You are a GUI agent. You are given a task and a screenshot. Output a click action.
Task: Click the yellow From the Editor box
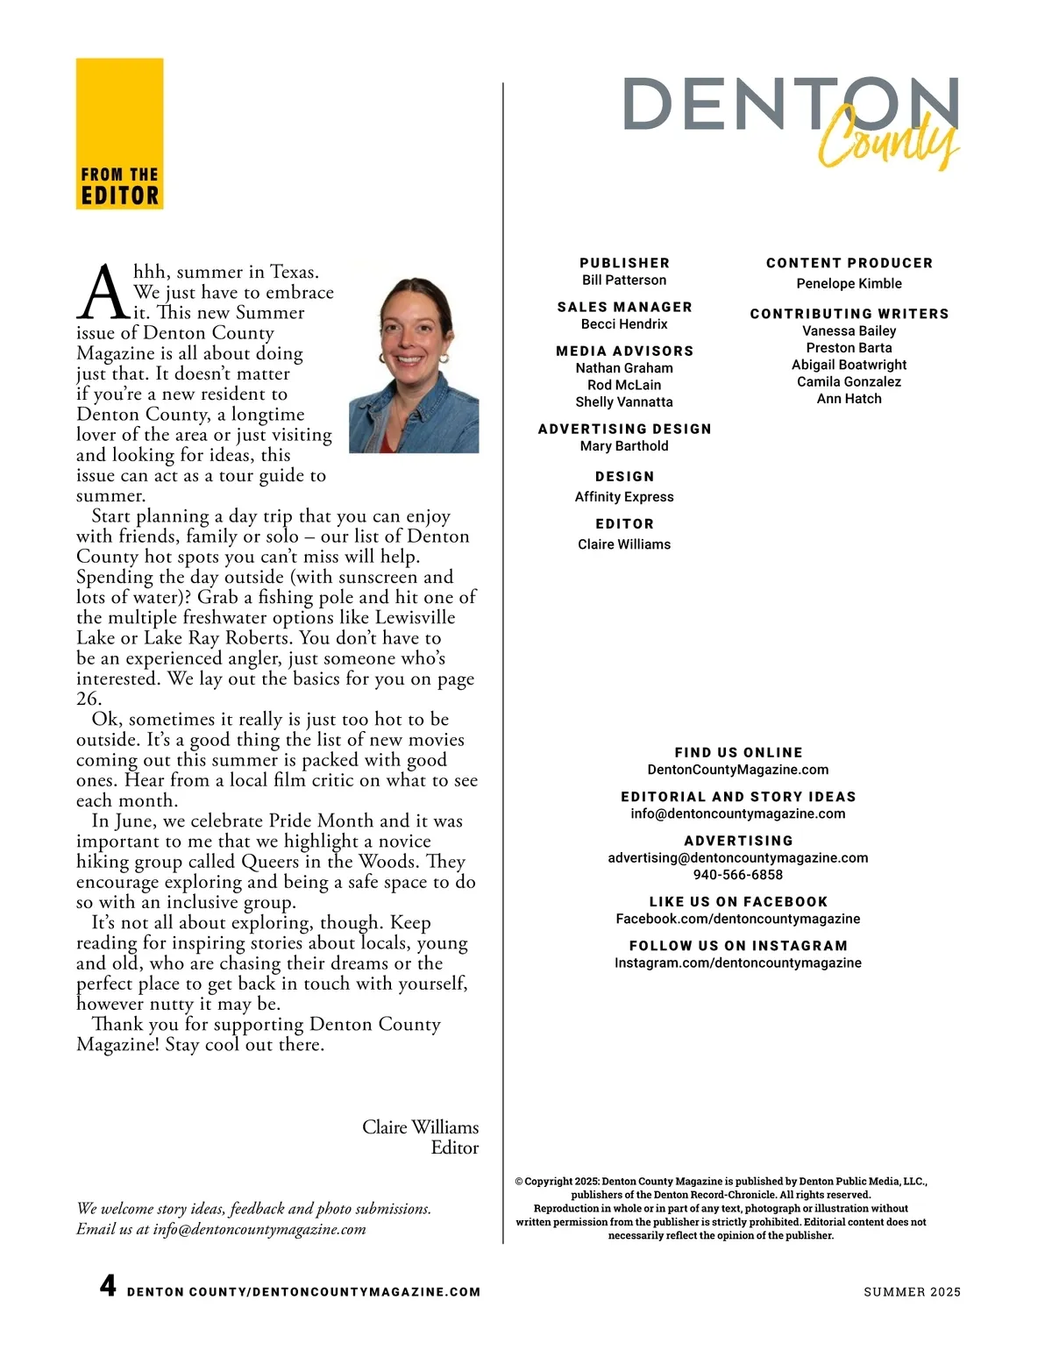119,133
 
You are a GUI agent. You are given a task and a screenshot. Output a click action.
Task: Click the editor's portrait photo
414,366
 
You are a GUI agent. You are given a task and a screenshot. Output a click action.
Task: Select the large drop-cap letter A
103,293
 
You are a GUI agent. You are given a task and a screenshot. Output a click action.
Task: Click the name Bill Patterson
624,281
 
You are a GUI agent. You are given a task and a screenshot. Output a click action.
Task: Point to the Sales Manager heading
624,307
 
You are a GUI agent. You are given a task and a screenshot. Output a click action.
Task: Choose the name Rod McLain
624,385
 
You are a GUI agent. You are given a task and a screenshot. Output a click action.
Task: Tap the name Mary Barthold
624,446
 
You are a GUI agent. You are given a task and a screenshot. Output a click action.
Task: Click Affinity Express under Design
624,497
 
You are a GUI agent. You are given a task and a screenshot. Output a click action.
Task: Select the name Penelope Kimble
849,284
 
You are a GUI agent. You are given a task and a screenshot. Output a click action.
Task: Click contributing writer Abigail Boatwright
849,365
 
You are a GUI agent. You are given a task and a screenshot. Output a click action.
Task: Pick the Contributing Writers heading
849,314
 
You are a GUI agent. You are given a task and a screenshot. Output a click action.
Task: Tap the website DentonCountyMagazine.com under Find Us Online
738,770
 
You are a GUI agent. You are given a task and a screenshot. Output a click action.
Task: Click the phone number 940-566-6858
738,875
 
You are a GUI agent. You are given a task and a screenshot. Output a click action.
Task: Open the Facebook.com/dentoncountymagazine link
738,919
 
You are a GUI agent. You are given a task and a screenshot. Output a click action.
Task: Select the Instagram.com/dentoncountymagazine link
738,963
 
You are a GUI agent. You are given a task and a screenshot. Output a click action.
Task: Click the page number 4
108,1286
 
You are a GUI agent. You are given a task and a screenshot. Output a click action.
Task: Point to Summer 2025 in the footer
912,1292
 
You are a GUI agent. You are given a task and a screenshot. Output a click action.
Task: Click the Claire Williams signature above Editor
420,1127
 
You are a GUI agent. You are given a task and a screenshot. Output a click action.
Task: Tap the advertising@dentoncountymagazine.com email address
738,858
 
